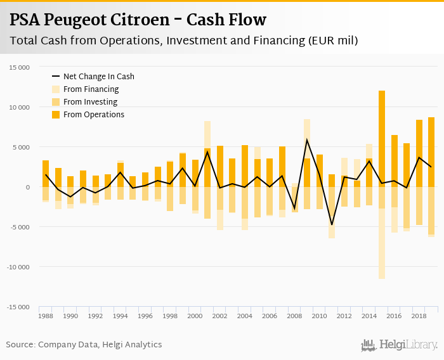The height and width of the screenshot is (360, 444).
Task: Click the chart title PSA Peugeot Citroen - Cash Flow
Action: (x=138, y=20)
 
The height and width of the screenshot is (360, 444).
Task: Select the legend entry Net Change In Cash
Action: (x=98, y=77)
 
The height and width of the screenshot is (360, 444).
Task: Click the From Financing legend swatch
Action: (x=55, y=89)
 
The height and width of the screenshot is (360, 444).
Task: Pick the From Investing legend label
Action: (x=91, y=102)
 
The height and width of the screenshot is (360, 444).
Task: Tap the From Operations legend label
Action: (x=94, y=115)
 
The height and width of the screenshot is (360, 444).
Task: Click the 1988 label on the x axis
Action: (x=46, y=316)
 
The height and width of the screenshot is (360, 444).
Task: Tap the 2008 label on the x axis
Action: (x=294, y=316)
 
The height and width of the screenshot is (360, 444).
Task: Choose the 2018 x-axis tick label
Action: (x=418, y=316)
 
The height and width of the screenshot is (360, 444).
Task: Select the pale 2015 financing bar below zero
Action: (x=382, y=244)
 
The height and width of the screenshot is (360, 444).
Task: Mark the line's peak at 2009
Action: (x=307, y=139)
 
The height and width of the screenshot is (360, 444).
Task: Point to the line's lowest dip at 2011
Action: (x=332, y=224)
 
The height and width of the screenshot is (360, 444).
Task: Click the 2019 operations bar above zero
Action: (x=431, y=152)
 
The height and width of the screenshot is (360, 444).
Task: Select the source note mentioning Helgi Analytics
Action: (x=84, y=345)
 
